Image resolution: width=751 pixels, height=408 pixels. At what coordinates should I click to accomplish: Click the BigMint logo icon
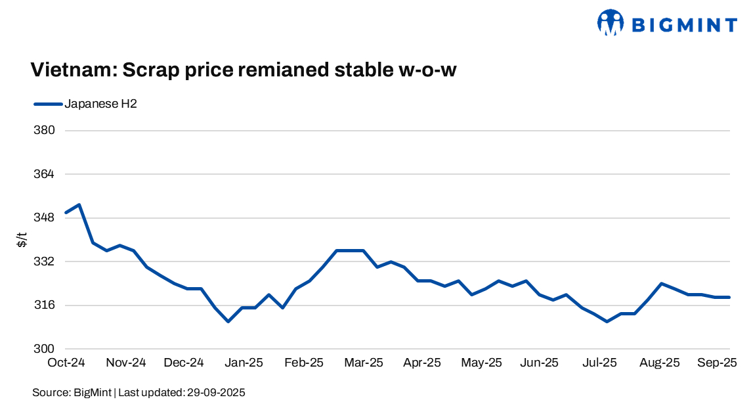coord(611,24)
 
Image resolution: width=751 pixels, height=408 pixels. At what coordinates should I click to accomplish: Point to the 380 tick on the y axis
coord(45,131)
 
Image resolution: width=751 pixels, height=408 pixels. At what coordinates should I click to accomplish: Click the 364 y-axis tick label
coord(45,174)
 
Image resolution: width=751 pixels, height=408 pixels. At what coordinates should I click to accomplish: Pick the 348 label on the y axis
coord(45,218)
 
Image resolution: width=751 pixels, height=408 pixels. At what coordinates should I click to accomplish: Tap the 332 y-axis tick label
coord(45,261)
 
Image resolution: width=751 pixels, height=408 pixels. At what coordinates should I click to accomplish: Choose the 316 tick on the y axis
coord(45,306)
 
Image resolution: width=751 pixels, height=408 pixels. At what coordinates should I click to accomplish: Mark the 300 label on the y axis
coord(45,349)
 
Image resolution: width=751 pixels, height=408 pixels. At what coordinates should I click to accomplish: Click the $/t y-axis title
coord(22,240)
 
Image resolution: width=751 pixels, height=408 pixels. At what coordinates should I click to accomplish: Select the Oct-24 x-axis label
coord(66,363)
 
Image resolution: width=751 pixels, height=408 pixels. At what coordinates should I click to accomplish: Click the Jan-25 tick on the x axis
coord(244,363)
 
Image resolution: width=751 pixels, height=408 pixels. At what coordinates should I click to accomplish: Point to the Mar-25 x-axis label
coord(364,363)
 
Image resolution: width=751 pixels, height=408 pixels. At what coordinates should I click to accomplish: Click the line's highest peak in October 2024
coord(79,205)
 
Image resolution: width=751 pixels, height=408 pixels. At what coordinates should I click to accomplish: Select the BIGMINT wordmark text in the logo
coord(684,25)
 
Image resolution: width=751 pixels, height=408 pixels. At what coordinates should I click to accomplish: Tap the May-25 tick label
coord(483,363)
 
